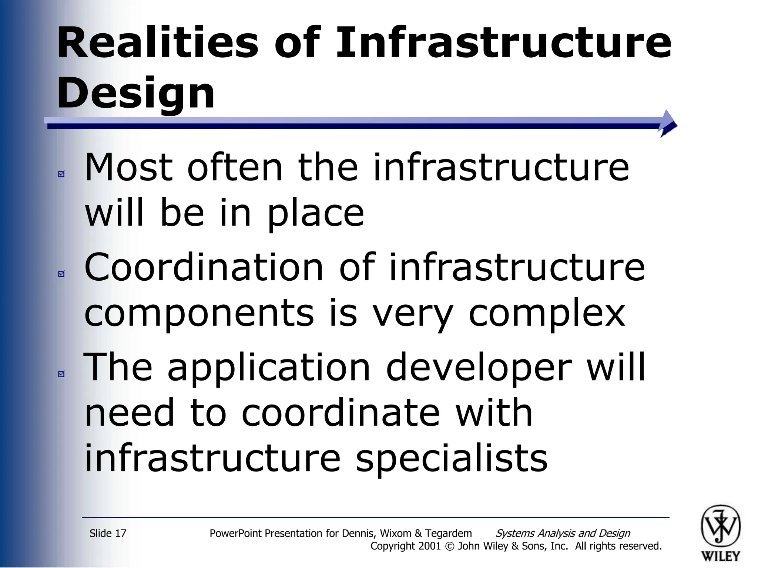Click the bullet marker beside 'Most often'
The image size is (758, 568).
point(61,174)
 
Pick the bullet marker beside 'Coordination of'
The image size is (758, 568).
point(61,274)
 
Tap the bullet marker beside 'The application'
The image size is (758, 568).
point(61,374)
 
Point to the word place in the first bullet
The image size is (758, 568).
point(316,213)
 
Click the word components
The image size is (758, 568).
point(199,313)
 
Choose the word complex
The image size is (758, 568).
point(547,313)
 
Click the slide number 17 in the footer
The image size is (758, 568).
point(121,533)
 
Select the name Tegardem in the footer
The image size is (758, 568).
point(448,533)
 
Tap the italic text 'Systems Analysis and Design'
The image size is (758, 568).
point(563,533)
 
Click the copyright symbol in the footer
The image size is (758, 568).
point(449,546)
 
